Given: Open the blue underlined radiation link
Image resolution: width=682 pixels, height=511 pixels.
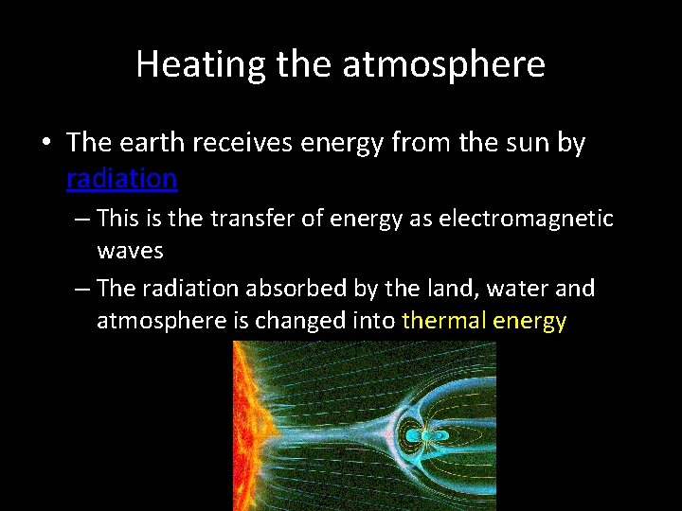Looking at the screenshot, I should click(x=121, y=178).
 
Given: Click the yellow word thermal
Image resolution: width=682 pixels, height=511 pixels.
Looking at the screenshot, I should click(x=442, y=321).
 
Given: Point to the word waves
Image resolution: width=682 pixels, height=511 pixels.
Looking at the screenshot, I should click(x=130, y=251).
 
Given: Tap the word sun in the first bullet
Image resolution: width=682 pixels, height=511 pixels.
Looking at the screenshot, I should click(x=530, y=143).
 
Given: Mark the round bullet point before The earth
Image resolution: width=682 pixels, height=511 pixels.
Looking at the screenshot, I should click(x=46, y=144).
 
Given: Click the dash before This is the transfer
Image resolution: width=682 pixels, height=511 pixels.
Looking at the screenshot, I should click(x=81, y=219).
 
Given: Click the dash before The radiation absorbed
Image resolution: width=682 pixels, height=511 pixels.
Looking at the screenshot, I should click(x=81, y=287).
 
